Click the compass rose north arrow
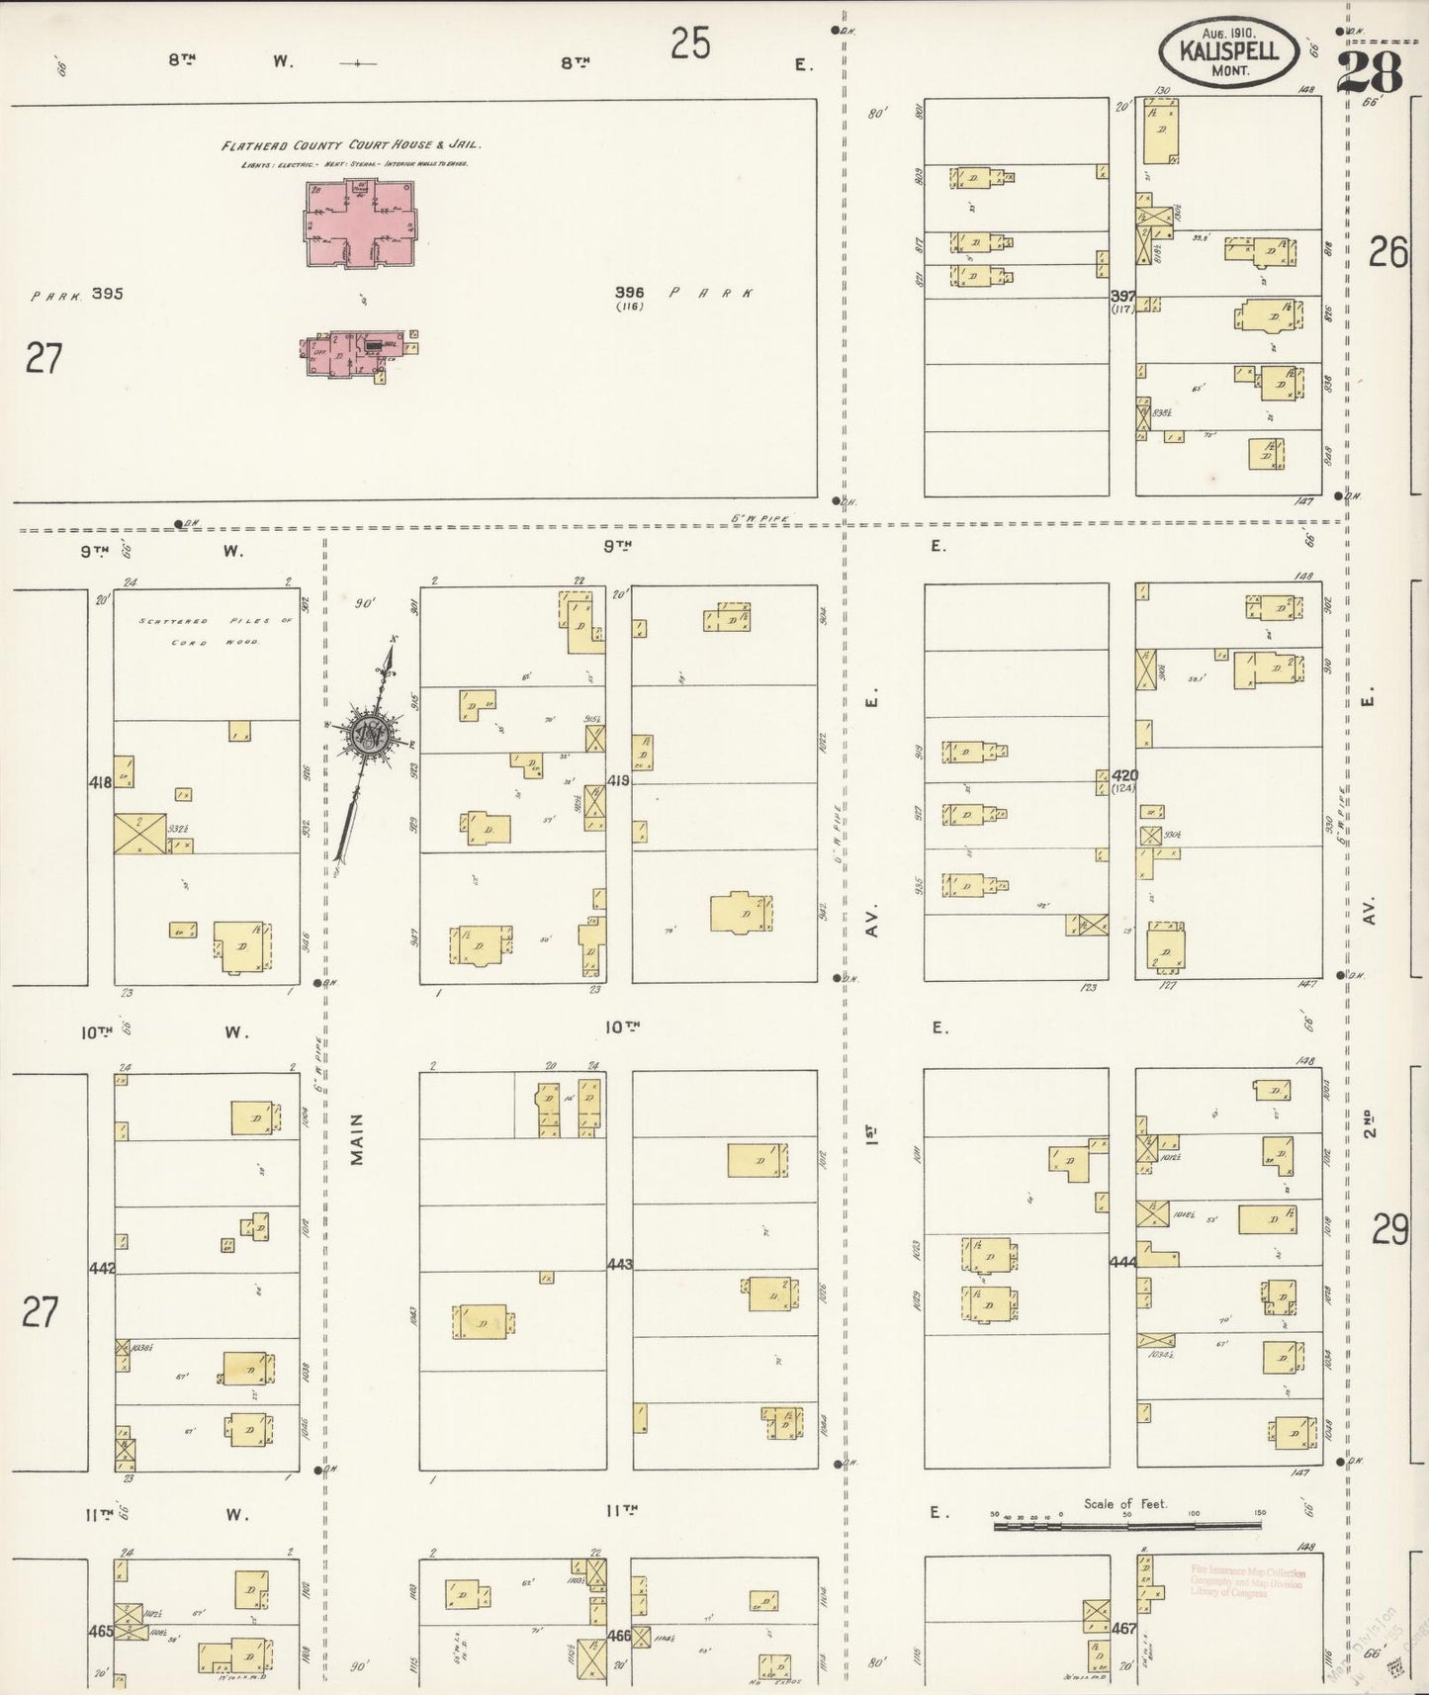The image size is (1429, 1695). click(366, 735)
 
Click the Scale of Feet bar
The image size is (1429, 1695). click(1127, 1526)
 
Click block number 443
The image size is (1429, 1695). click(619, 1264)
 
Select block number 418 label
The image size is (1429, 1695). click(100, 782)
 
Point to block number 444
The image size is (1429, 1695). click(1122, 1262)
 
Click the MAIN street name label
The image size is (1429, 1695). click(356, 1138)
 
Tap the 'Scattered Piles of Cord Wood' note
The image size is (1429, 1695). click(199, 631)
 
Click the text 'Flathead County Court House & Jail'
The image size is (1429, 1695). click(350, 145)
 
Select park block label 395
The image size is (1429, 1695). click(106, 294)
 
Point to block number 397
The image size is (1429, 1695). click(1122, 296)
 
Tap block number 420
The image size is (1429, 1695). click(1124, 775)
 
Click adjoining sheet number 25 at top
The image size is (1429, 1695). click(689, 45)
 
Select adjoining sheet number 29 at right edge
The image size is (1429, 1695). click(1389, 1229)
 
